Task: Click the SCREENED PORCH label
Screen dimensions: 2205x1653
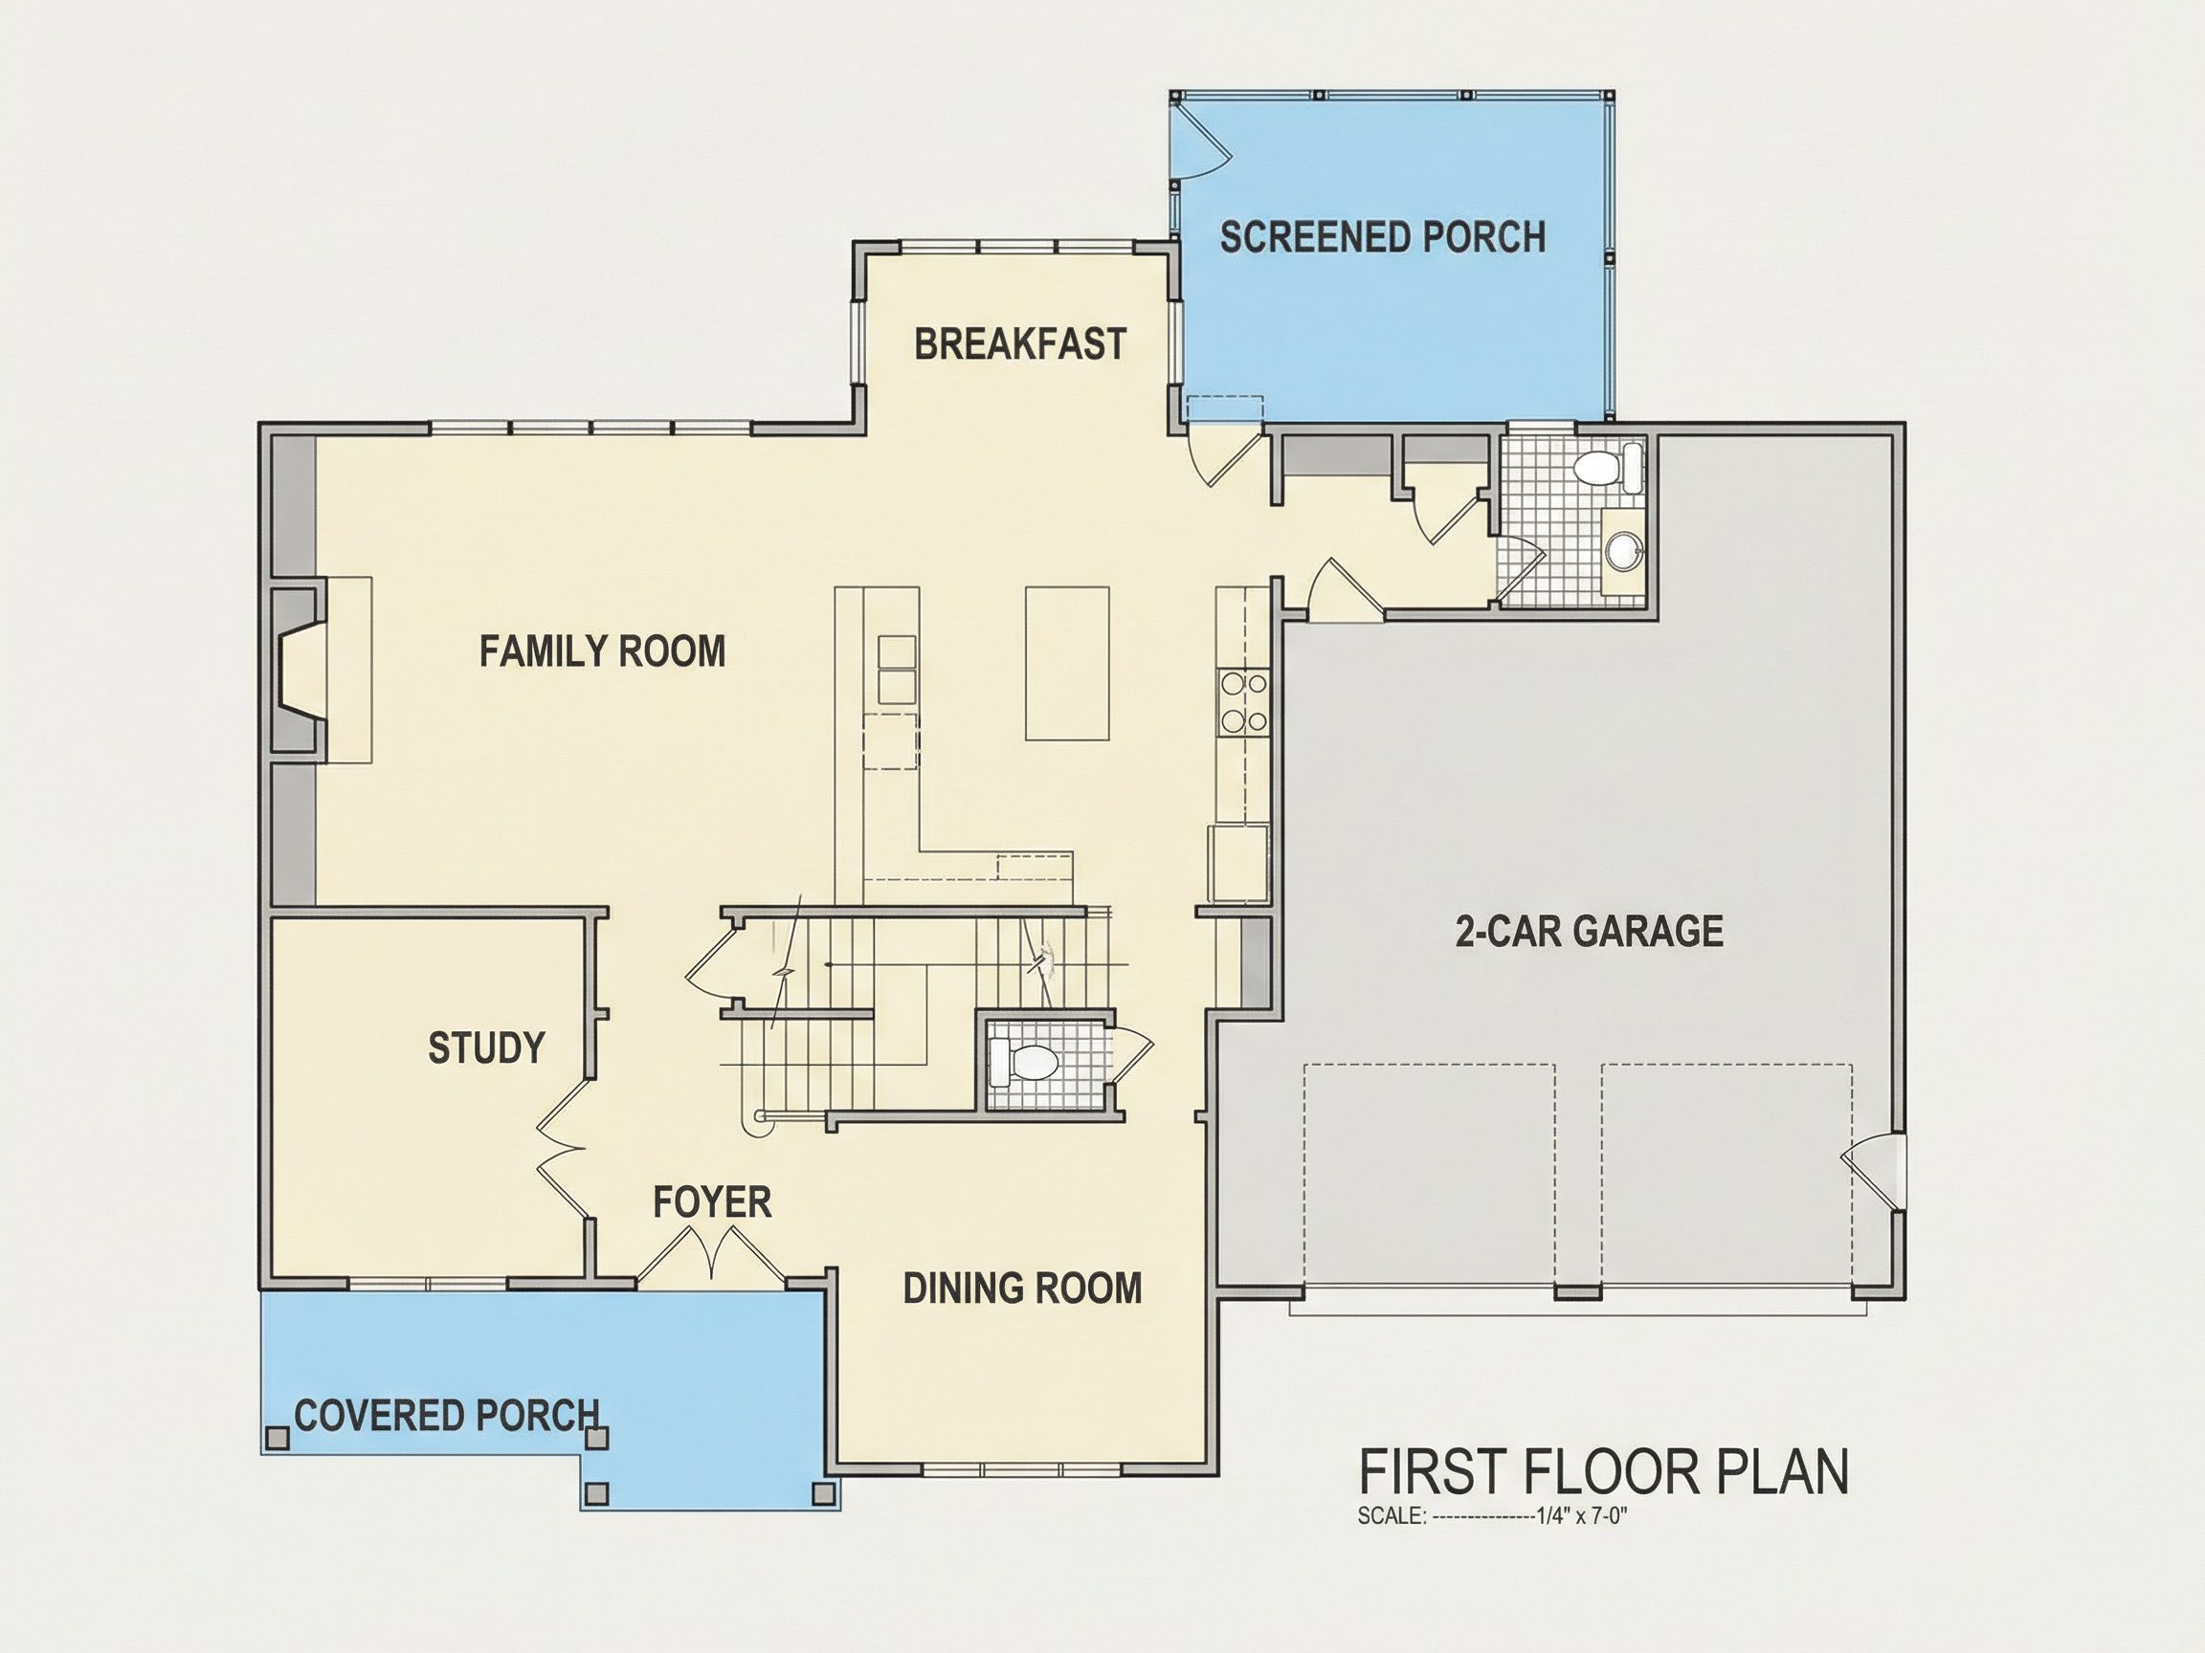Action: click(1383, 237)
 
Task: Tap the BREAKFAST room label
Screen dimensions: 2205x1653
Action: click(1020, 343)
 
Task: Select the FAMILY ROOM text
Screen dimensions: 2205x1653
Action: click(602, 651)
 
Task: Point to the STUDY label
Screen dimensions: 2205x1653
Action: click(486, 1047)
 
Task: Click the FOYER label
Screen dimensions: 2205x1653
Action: click(712, 1201)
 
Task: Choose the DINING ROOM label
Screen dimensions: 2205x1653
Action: click(1022, 1289)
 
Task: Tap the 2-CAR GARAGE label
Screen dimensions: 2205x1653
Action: click(1589, 931)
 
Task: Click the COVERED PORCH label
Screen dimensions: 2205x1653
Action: click(448, 1415)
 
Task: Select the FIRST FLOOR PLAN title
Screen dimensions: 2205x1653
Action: click(1604, 1471)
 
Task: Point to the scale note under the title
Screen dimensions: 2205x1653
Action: click(1492, 1516)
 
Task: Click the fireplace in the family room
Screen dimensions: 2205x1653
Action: click(299, 670)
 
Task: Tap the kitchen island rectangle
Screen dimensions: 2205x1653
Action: click(1067, 663)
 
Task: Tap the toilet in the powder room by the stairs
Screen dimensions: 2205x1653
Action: click(1022, 1062)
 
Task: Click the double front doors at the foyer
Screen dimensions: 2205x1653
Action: click(711, 1253)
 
